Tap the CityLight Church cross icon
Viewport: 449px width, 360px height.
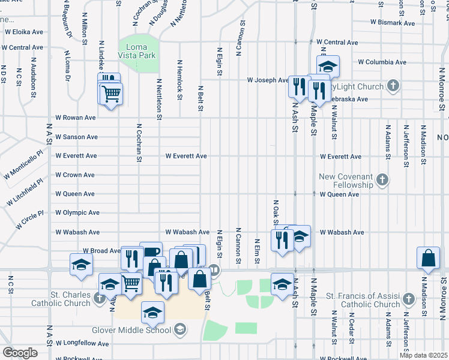click(x=393, y=86)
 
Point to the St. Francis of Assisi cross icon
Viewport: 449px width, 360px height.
click(x=408, y=298)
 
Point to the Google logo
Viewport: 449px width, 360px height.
click(x=20, y=353)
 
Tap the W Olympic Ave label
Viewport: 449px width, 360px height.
click(x=77, y=213)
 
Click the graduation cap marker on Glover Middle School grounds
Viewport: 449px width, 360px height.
click(x=153, y=311)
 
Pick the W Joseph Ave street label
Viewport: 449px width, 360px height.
click(x=268, y=80)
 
